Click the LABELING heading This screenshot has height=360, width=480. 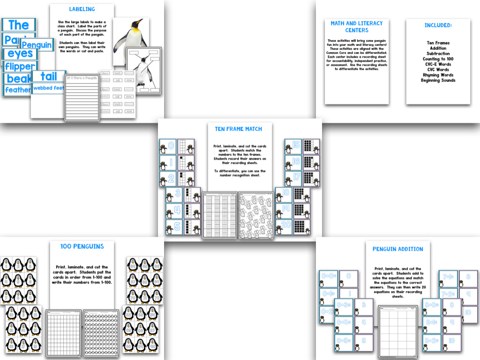coord(82,9)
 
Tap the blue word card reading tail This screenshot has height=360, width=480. coord(48,76)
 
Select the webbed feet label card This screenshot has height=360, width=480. coord(48,88)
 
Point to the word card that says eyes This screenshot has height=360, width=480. coord(20,54)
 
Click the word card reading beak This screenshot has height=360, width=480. coord(18,78)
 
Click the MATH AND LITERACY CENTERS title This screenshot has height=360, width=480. coord(356,27)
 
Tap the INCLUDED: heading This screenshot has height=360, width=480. coord(438,25)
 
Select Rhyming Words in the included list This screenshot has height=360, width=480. coord(438,75)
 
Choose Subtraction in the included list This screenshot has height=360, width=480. coord(438,54)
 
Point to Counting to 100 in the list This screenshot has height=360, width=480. coord(438,59)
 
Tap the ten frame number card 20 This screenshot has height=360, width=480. coord(284,227)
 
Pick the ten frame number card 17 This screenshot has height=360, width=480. coord(293,178)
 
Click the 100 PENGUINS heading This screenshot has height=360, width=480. coord(82,246)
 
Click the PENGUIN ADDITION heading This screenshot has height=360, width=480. coord(397,249)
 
